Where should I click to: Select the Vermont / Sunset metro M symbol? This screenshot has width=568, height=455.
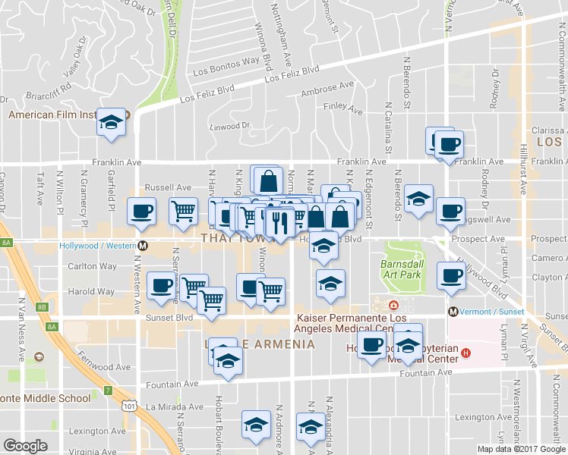click(x=453, y=312)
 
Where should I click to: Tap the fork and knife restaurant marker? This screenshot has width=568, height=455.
click(x=281, y=223)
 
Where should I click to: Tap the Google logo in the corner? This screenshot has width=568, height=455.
click(x=25, y=446)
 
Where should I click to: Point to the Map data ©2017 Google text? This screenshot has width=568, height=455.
click(x=522, y=448)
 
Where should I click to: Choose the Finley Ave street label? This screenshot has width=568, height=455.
click(x=340, y=107)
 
